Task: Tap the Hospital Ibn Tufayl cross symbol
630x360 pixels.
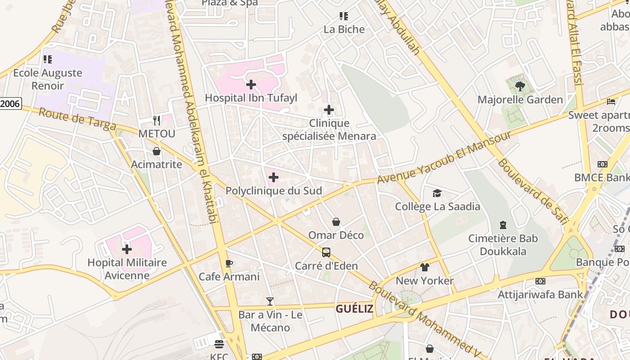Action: point(251,84)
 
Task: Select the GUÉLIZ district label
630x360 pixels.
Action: point(355,309)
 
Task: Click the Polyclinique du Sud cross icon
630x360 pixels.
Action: point(273,177)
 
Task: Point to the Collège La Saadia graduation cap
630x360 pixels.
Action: point(437,193)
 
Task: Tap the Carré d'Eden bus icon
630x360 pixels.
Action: point(326,252)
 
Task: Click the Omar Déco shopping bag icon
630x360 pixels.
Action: point(336,222)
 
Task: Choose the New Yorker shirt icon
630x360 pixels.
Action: point(424,267)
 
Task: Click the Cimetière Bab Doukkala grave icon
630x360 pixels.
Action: point(503,225)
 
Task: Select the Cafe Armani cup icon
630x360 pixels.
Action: point(229,263)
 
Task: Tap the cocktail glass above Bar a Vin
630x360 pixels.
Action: point(270,301)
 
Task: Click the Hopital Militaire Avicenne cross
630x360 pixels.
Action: point(127,249)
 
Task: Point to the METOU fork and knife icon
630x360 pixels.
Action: point(157,120)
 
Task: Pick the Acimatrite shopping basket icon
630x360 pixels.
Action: point(157,151)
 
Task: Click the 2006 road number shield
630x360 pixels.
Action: point(10,104)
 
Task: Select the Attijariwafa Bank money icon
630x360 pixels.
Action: point(540,281)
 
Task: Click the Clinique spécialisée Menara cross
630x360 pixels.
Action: point(329,110)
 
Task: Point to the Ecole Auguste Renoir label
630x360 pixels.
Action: point(48,79)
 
